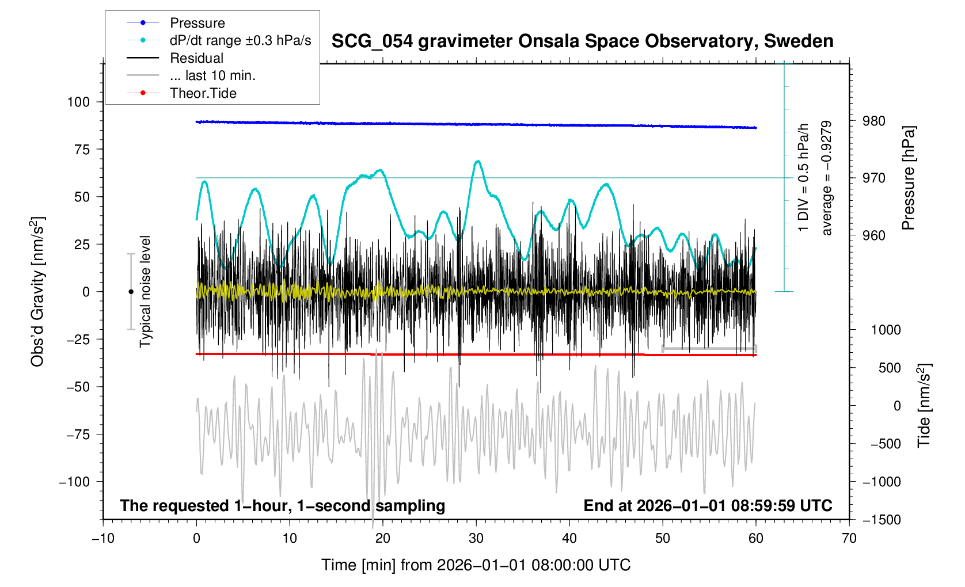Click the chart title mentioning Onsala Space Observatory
pyautogui.click(x=582, y=41)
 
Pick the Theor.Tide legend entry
pyautogui.click(x=181, y=93)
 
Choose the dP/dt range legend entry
pyautogui.click(x=219, y=40)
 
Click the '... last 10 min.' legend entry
pyautogui.click(x=191, y=75)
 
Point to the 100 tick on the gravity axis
pyautogui.click(x=79, y=102)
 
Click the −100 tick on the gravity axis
pyautogui.click(x=74, y=482)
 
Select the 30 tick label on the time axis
pyautogui.click(x=476, y=538)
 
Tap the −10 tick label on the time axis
pyautogui.click(x=103, y=538)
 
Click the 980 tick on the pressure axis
pyautogui.click(x=874, y=121)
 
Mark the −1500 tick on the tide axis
pyautogui.click(x=882, y=520)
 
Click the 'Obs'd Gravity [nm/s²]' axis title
pyautogui.click(x=37, y=292)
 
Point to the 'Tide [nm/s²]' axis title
pyautogui.click(x=923, y=406)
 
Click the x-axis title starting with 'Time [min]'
pyautogui.click(x=476, y=565)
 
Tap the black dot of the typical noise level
pyautogui.click(x=131, y=292)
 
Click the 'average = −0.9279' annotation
pyautogui.click(x=826, y=178)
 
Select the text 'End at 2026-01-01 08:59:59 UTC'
pyautogui.click(x=708, y=506)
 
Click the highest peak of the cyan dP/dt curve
pyautogui.click(x=477, y=161)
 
